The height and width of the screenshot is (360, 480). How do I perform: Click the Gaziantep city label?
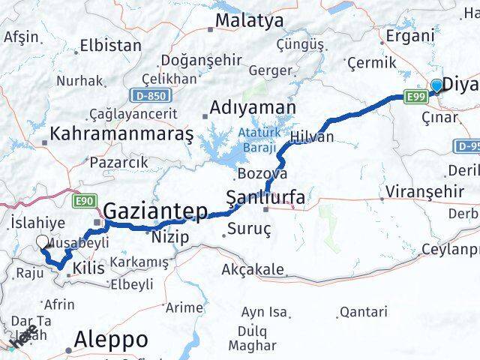click(x=155, y=212)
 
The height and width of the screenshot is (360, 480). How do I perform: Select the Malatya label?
click(x=249, y=20)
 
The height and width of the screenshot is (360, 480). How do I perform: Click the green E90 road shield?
click(x=83, y=200)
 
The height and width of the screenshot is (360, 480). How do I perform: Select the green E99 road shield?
click(x=415, y=97)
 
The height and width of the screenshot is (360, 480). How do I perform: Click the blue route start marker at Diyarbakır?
click(x=436, y=86)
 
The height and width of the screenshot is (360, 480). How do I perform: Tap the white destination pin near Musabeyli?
click(x=43, y=242)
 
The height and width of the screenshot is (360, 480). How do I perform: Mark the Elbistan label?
click(x=110, y=45)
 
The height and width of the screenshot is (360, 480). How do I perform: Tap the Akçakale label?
click(x=253, y=269)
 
